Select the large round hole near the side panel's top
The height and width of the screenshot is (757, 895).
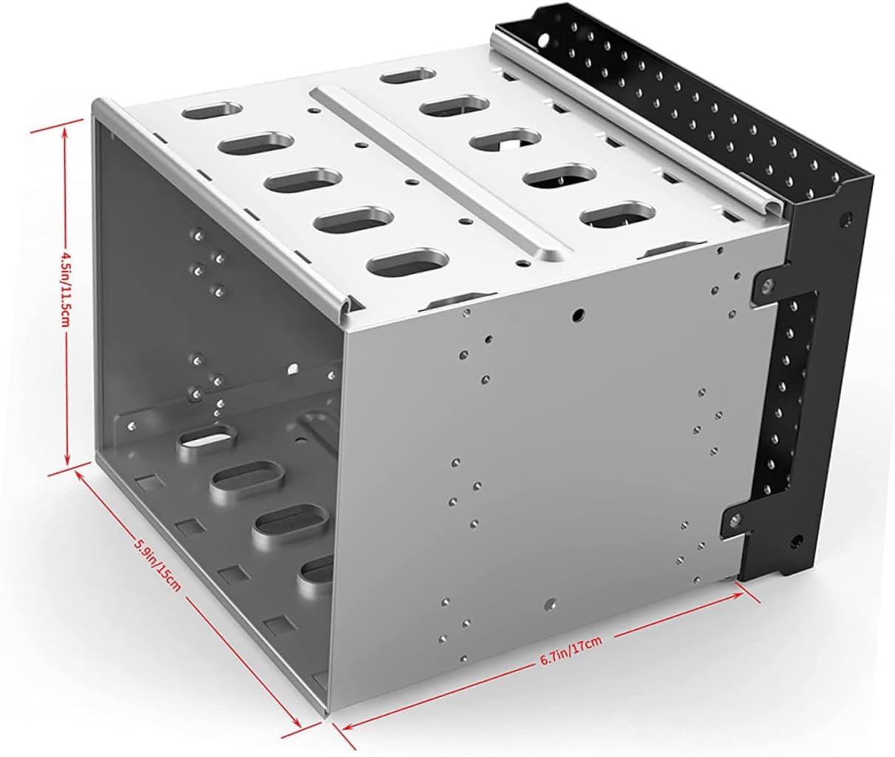578,313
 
